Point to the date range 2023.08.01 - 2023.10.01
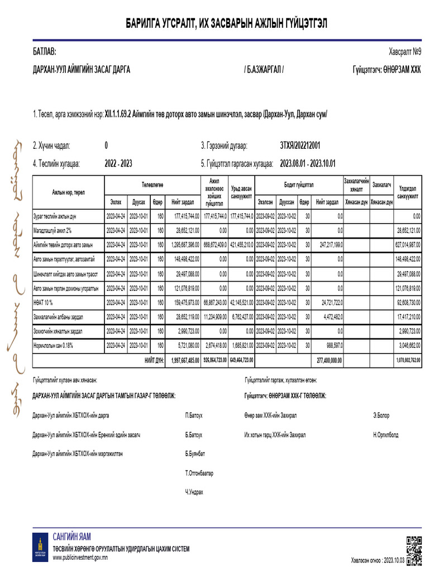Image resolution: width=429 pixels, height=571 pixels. tap(308, 164)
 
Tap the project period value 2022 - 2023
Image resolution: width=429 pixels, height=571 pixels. tap(118, 164)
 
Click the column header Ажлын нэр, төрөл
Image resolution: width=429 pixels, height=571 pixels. tap(69, 192)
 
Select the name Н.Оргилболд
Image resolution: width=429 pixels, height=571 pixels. tap(386, 434)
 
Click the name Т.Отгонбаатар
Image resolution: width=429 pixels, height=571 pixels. tap(199, 473)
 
